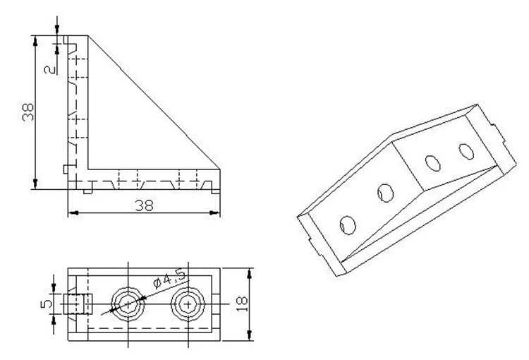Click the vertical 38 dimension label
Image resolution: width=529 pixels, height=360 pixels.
pos(28,112)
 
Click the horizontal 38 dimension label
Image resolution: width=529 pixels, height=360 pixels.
pos(144,205)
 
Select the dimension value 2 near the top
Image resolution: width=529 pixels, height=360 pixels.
pos(50,70)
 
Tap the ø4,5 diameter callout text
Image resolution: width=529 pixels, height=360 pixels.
pos(169,280)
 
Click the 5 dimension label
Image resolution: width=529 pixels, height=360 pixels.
pos(47,304)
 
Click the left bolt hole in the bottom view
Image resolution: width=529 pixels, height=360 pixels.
pos(128,304)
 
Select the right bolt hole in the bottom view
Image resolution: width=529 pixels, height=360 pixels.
pos(188,305)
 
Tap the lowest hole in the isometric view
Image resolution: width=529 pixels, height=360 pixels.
pos(348,225)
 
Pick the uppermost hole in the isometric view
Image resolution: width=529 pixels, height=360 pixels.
pos(466,152)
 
